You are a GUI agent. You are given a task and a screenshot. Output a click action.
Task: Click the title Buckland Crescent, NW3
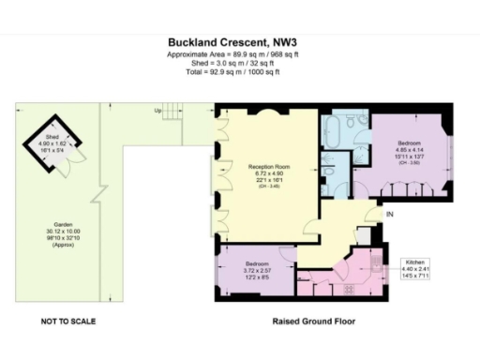238,41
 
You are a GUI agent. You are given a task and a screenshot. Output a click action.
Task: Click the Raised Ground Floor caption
313,321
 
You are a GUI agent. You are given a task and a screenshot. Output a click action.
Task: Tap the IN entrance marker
390,215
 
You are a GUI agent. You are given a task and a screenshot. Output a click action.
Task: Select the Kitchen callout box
417,266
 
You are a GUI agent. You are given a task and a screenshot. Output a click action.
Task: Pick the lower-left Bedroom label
254,263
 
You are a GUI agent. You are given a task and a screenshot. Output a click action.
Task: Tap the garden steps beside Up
171,110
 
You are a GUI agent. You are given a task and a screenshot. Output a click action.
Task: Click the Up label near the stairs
157,110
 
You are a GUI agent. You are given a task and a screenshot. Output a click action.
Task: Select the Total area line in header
238,72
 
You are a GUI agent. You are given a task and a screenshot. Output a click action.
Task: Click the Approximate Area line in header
238,54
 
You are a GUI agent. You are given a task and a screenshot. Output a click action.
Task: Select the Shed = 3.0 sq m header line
238,63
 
